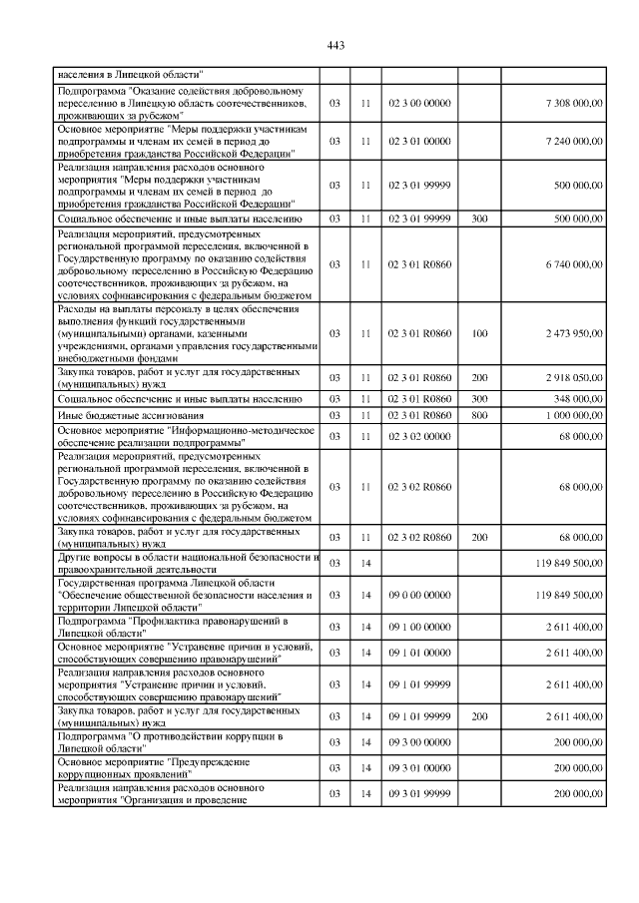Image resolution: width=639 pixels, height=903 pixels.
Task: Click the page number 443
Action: tap(335, 45)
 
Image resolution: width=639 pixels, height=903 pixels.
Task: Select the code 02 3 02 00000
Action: tap(419, 436)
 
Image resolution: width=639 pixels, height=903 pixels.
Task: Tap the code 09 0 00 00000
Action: tap(419, 595)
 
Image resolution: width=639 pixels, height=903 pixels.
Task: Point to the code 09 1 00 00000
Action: tap(419, 627)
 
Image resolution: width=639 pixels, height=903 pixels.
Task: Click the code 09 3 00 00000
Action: tap(419, 742)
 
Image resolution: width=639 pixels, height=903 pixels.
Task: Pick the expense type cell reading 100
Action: tap(479, 332)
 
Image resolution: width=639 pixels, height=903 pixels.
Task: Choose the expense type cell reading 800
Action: tap(479, 415)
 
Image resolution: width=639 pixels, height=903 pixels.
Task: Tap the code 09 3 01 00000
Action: tap(419, 768)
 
